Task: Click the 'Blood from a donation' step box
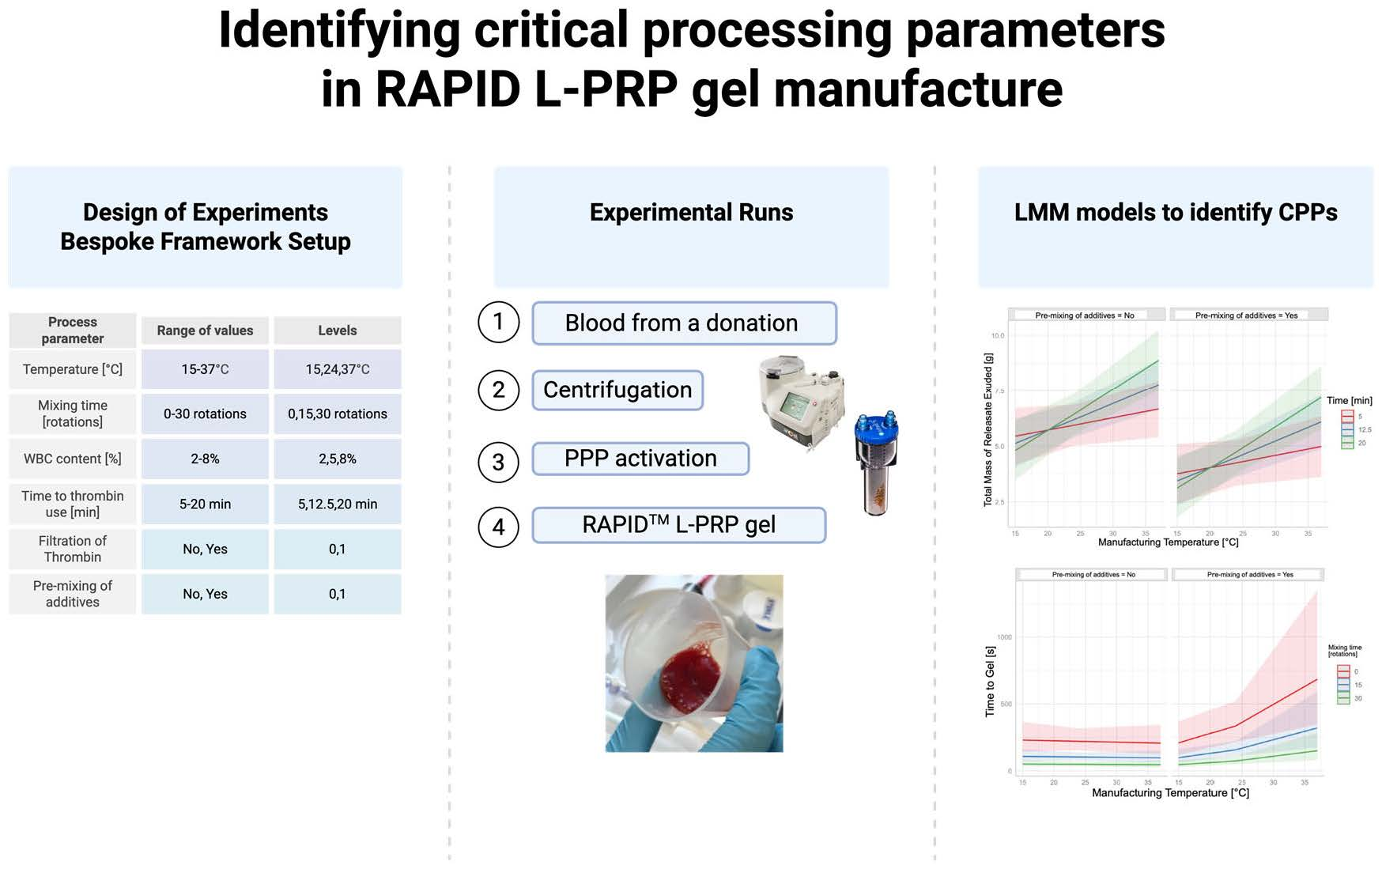684,323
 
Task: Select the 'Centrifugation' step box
617,390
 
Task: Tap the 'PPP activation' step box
640,459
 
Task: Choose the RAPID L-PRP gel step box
678,525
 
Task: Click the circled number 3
498,462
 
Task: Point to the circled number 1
498,322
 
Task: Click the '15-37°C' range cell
205,369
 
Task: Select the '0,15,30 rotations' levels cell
338,414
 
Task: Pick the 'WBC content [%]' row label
73,459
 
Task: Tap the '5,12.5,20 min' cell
338,504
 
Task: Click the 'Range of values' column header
205,331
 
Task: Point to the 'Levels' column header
338,331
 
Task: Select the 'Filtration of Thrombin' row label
73,549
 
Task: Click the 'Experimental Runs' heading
691,212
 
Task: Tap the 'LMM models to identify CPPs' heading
1176,212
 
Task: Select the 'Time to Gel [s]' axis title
990,682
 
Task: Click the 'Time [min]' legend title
1349,400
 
